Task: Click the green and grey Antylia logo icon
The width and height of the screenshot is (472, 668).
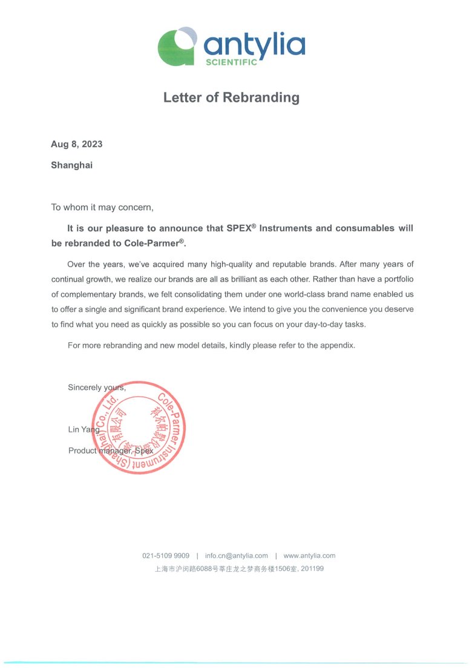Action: (177, 46)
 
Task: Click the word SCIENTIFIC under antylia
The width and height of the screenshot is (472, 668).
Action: (231, 62)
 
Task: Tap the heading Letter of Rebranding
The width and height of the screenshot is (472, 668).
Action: (231, 97)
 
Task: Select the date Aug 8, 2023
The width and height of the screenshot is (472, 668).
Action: (76, 144)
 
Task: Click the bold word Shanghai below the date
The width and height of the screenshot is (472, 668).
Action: (71, 165)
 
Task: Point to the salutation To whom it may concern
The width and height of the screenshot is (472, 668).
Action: (102, 207)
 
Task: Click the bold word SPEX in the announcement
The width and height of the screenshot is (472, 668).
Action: (238, 229)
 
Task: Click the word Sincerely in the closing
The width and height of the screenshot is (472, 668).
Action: (85, 388)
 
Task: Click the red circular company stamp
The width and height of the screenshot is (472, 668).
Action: (139, 428)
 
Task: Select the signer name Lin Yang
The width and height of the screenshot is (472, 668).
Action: (84, 429)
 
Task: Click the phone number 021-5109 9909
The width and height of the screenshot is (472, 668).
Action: (166, 555)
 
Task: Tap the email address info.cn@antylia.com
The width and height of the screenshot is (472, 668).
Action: (236, 555)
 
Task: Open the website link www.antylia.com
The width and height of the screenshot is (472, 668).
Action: (309, 555)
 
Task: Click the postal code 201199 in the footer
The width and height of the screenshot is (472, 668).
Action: (312, 569)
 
